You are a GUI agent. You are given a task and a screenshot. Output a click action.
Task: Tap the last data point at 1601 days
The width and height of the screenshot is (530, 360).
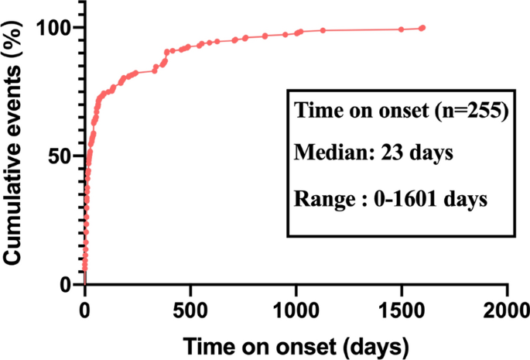(x=422, y=28)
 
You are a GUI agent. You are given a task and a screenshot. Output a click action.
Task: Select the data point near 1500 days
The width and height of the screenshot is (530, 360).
(x=401, y=29)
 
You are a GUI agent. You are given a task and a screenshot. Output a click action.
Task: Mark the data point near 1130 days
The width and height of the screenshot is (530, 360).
(x=323, y=30)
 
